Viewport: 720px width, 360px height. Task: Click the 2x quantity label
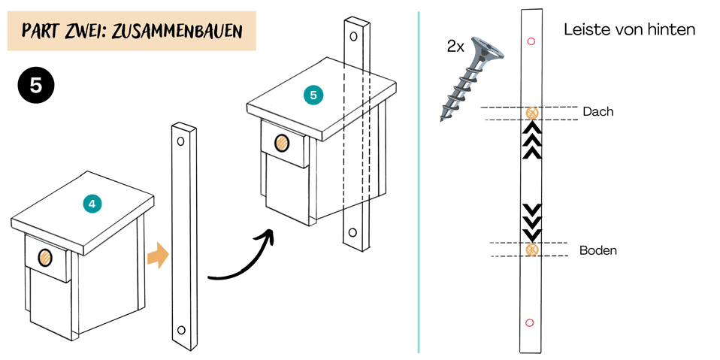455,47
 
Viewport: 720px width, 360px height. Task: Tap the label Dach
598,111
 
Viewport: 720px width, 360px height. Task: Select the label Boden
598,250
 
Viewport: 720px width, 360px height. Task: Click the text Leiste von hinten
629,30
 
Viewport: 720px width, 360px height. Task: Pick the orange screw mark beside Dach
532,113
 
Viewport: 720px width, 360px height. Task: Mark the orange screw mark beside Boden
532,250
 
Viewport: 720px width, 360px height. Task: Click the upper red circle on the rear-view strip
531,41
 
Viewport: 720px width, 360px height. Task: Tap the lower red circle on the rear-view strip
530,322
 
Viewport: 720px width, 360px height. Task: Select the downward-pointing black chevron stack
532,221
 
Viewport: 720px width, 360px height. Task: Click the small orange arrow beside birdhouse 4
157,256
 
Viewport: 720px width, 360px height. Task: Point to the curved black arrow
239,259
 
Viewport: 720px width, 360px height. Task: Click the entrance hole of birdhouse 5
282,142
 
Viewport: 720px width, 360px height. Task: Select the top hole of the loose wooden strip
180,141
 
